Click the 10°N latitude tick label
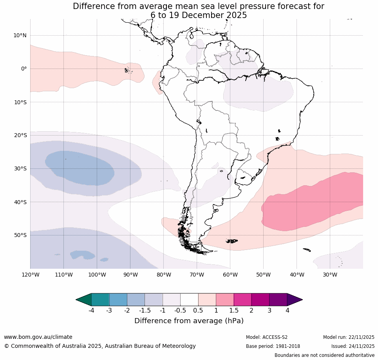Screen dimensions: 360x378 pos(20,36)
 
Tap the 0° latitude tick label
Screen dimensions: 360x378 pos(24,69)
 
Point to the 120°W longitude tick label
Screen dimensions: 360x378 pos(30,275)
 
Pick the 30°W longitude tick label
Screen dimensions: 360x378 pos(330,275)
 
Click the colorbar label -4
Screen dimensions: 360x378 pos(91,311)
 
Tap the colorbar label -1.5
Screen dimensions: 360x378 pos(145,311)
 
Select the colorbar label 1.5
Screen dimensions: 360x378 pos(233,311)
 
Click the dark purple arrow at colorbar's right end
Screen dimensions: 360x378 pos(294,300)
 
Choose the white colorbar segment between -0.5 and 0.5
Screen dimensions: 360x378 pos(189,300)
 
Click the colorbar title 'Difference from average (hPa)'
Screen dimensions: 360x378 pos(189,321)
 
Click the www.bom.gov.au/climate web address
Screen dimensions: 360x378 pos(38,337)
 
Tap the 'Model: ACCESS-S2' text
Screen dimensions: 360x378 pos(266,337)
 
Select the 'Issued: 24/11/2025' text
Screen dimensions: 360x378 pos(353,346)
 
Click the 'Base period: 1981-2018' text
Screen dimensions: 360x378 pos(273,346)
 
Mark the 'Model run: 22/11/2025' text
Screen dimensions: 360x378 pos(349,337)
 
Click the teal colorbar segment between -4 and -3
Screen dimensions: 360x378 pos(100,300)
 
